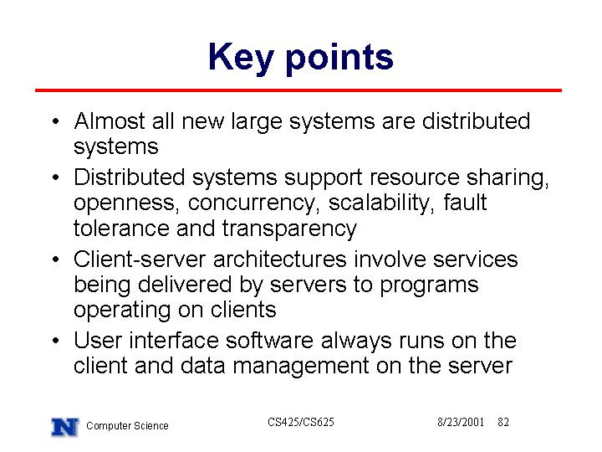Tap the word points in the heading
[x=339, y=59]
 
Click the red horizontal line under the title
[x=298, y=90]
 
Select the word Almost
[x=110, y=121]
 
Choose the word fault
[x=465, y=203]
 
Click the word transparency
[x=289, y=229]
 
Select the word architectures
[x=280, y=259]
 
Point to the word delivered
[x=185, y=285]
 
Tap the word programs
[x=429, y=286]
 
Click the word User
[x=98, y=341]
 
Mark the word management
[x=301, y=367]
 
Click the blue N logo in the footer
[x=65, y=427]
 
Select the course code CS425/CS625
[x=301, y=422]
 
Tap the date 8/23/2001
[x=461, y=422]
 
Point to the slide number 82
[x=503, y=422]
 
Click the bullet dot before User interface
[x=56, y=341]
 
